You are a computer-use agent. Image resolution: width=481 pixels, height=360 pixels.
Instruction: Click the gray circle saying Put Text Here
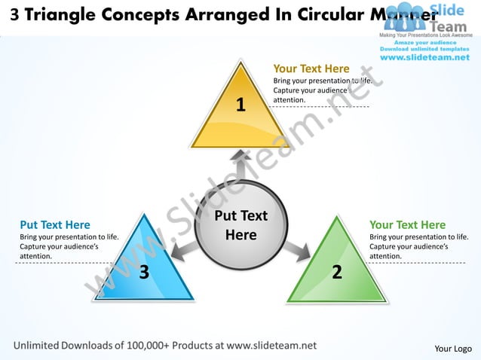coord(241,225)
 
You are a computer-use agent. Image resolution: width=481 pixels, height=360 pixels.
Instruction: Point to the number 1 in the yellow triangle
coord(240,105)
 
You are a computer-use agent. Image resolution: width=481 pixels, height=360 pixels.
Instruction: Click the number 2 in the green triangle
coord(337,271)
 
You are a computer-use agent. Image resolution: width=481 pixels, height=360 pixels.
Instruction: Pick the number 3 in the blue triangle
coord(143,271)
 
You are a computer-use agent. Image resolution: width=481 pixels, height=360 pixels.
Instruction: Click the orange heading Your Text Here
coord(311,69)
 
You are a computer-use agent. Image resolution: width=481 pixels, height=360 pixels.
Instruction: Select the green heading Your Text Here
coord(407,224)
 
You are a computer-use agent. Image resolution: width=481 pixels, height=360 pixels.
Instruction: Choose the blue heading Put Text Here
coord(55,224)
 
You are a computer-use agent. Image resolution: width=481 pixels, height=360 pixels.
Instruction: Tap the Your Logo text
coord(453,348)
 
